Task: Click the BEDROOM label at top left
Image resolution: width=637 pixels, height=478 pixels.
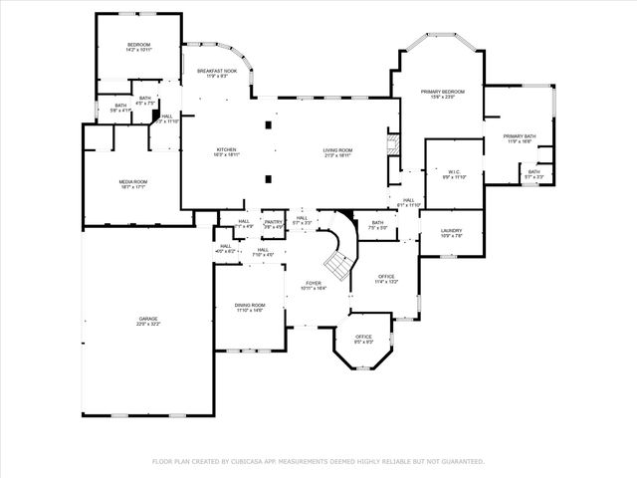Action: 138,45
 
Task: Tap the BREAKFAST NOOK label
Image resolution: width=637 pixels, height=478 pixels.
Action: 216,72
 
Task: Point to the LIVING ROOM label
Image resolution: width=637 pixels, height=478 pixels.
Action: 337,150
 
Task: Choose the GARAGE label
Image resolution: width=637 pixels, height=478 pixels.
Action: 147,320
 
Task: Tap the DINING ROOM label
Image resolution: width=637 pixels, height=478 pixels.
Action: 250,306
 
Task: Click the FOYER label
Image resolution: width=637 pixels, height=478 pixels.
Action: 314,284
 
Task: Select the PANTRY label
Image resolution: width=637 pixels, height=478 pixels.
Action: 273,222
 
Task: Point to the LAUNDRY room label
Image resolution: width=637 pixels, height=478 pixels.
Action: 452,231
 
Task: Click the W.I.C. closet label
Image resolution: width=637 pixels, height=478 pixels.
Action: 453,171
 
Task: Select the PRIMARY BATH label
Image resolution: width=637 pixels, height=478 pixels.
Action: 520,136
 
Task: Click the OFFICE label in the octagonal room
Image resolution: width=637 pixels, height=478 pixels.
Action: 364,338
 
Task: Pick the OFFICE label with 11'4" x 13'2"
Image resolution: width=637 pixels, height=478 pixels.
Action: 387,277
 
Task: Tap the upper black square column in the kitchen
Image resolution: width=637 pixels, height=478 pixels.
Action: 266,125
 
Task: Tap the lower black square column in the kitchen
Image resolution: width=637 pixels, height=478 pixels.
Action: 266,179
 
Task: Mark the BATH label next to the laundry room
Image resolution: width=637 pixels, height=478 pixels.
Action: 377,223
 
